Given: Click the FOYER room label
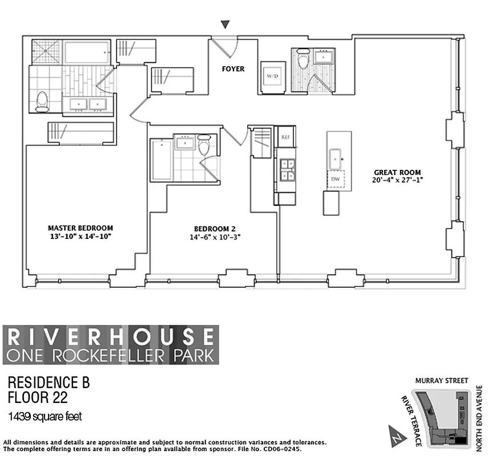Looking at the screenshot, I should tap(233, 69).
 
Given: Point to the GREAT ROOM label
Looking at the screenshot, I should tap(397, 172).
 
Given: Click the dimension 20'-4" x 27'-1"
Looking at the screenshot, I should tap(397, 180).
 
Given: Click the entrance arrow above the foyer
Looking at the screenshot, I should tap(227, 25).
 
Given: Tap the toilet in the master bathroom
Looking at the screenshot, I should tap(42, 101).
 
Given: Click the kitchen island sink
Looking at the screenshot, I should tap(335, 155).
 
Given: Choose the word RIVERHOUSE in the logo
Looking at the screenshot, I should tap(111, 336).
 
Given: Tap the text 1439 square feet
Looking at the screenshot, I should tap(45, 417).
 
